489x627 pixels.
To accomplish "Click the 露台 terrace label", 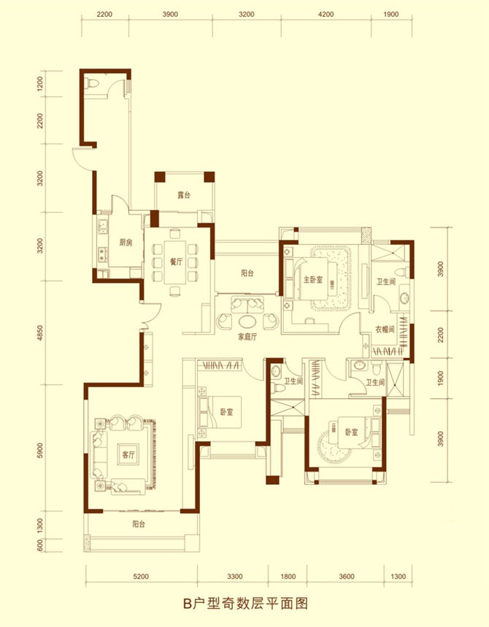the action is [x=184, y=195].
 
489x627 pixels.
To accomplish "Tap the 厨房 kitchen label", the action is [x=126, y=242].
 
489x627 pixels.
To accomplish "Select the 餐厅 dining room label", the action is [x=176, y=262].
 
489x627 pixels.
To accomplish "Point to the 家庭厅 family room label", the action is [x=247, y=337].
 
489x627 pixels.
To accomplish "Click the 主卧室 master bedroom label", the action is [x=313, y=279].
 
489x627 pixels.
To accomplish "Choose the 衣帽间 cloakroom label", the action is [x=385, y=330].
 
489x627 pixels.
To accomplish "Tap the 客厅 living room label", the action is [x=128, y=455].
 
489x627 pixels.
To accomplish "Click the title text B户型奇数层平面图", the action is [x=245, y=604].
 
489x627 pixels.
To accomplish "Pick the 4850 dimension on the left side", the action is [x=39, y=332].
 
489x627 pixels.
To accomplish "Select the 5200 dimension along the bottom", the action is [x=141, y=576].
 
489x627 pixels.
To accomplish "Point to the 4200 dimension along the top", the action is [x=326, y=15].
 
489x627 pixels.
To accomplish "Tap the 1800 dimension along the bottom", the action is [x=288, y=576].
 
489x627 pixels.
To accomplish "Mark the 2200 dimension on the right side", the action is [x=441, y=335].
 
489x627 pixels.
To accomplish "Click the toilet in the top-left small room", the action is [x=92, y=84].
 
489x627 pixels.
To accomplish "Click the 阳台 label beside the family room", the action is [x=247, y=273].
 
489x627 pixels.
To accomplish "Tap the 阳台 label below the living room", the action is [x=139, y=523].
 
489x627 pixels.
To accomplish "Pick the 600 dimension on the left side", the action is [x=39, y=545].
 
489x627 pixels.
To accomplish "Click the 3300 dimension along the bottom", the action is [x=235, y=576].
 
